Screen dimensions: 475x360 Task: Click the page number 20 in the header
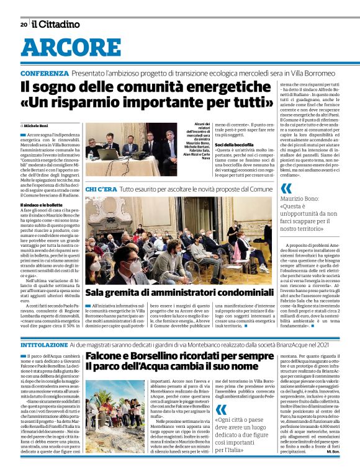(x=23, y=25)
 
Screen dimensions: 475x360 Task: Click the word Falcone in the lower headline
(x=110, y=356)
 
